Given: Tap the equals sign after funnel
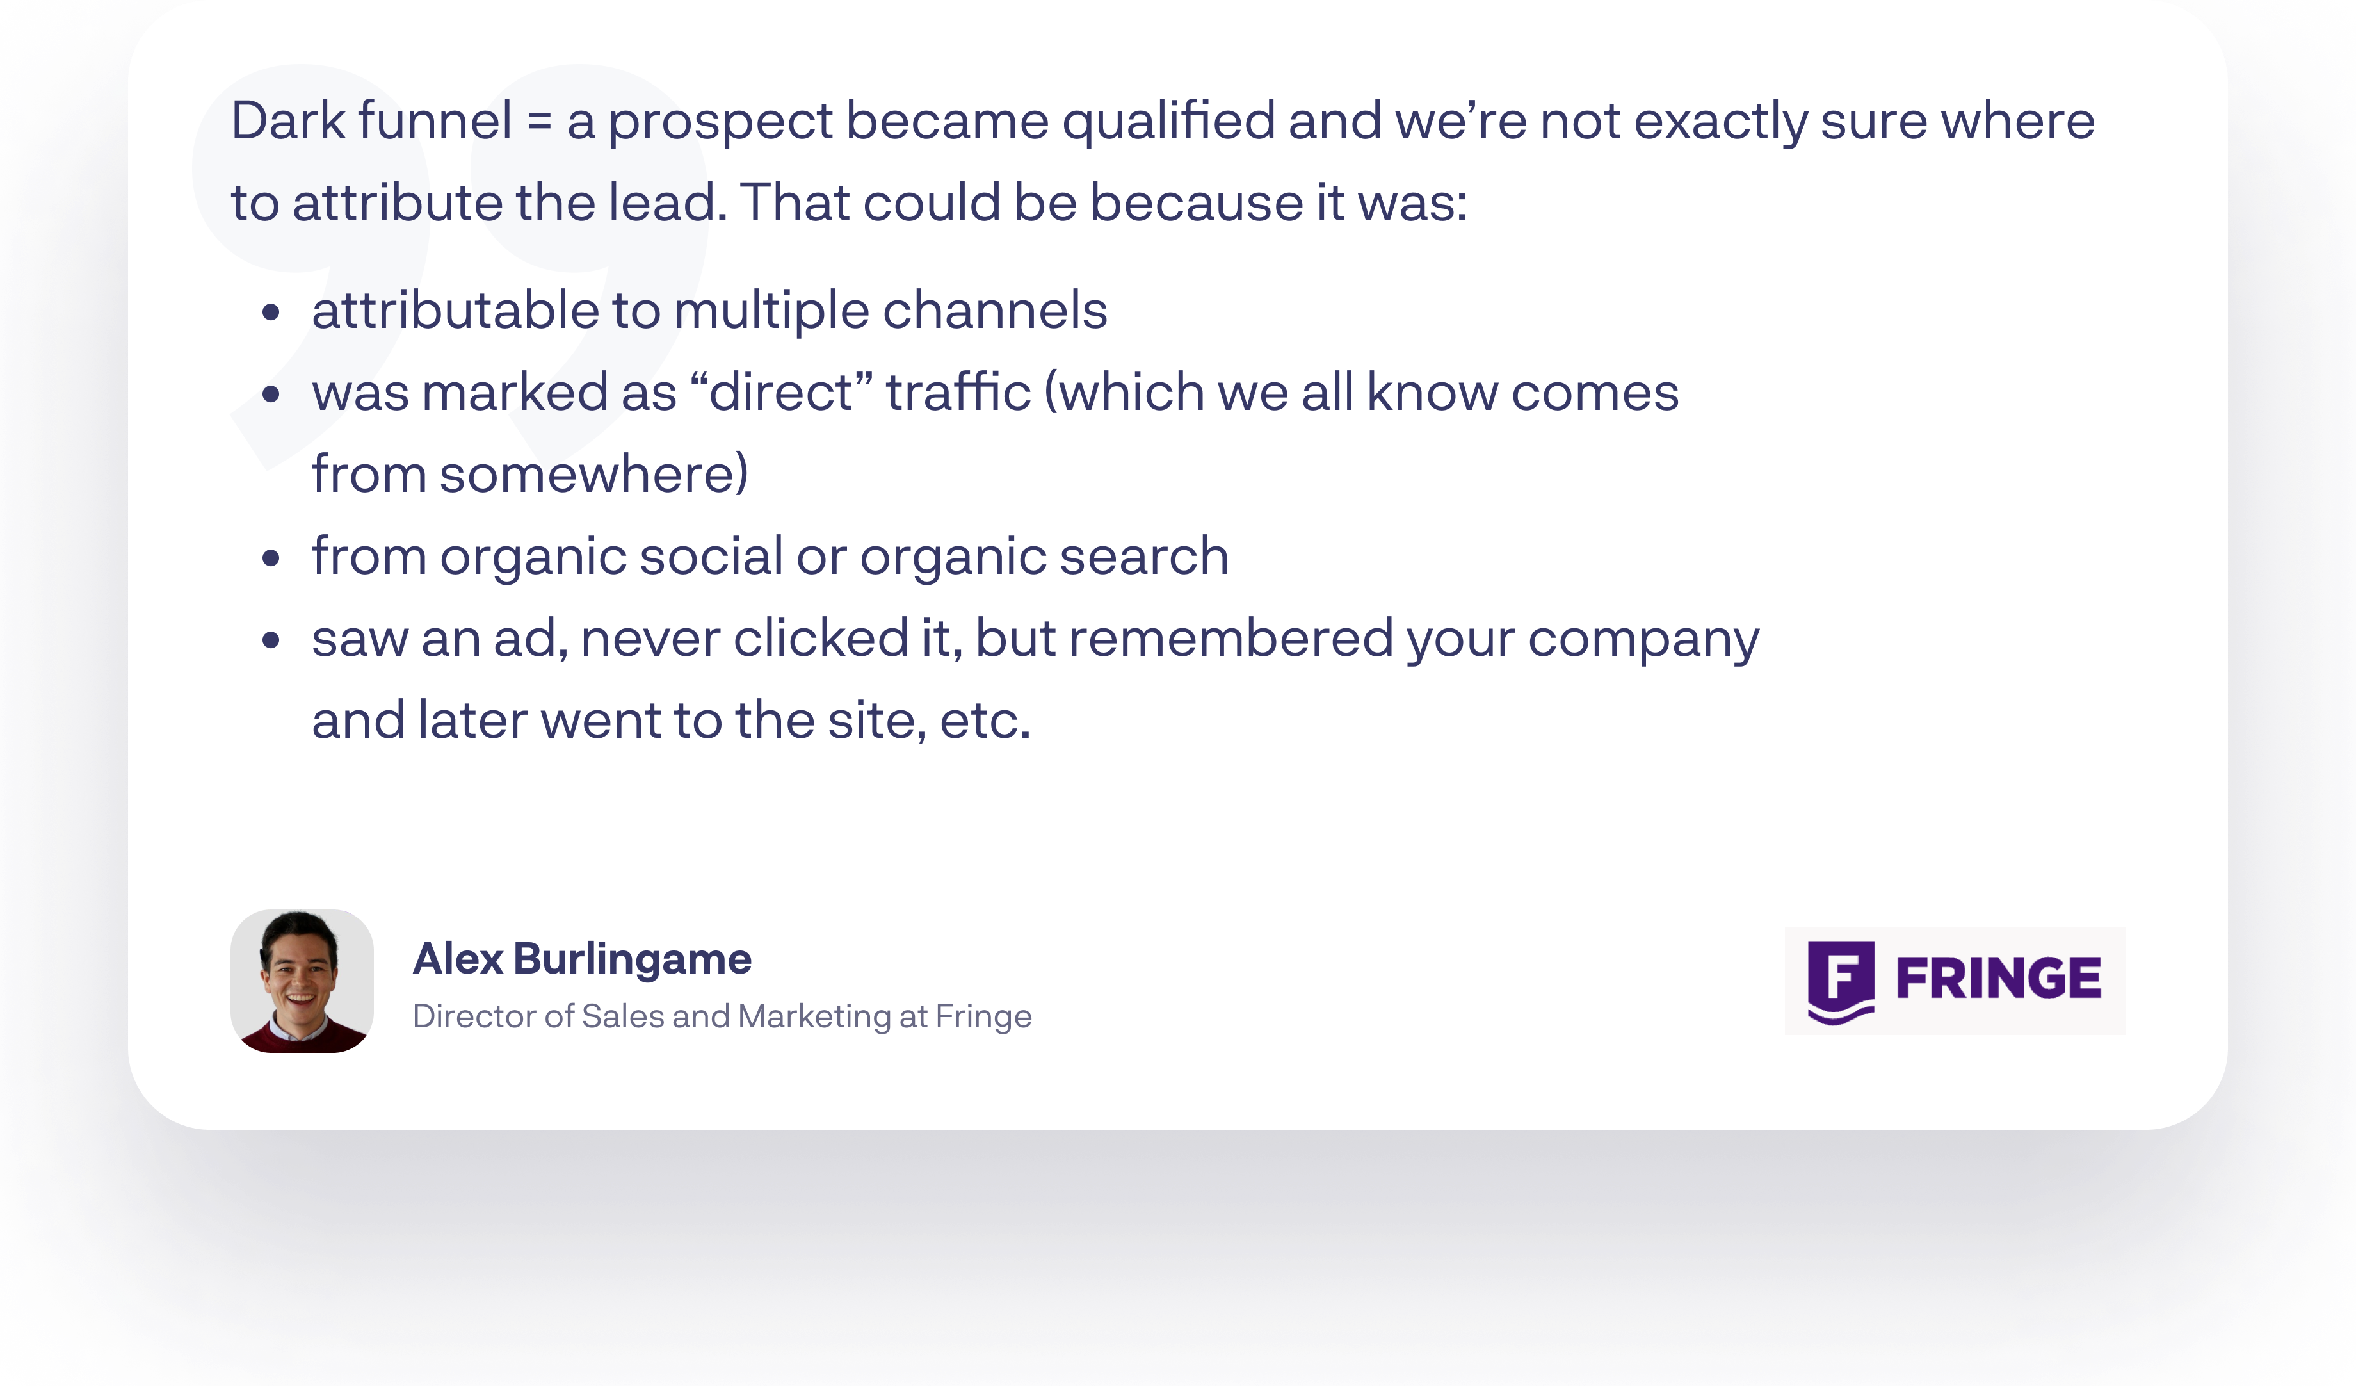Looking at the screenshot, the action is [540, 122].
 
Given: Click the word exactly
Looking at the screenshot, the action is [1721, 122].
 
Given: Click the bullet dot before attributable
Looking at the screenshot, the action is [271, 313].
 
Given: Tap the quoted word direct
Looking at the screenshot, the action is [782, 392].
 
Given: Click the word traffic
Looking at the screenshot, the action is [958, 392].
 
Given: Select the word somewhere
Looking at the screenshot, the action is [593, 474].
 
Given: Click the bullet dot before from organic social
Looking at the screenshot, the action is [271, 559].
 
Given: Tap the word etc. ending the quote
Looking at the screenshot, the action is [985, 721].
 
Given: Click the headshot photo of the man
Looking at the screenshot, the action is [302, 981].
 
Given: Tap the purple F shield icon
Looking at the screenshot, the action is [1841, 982].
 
